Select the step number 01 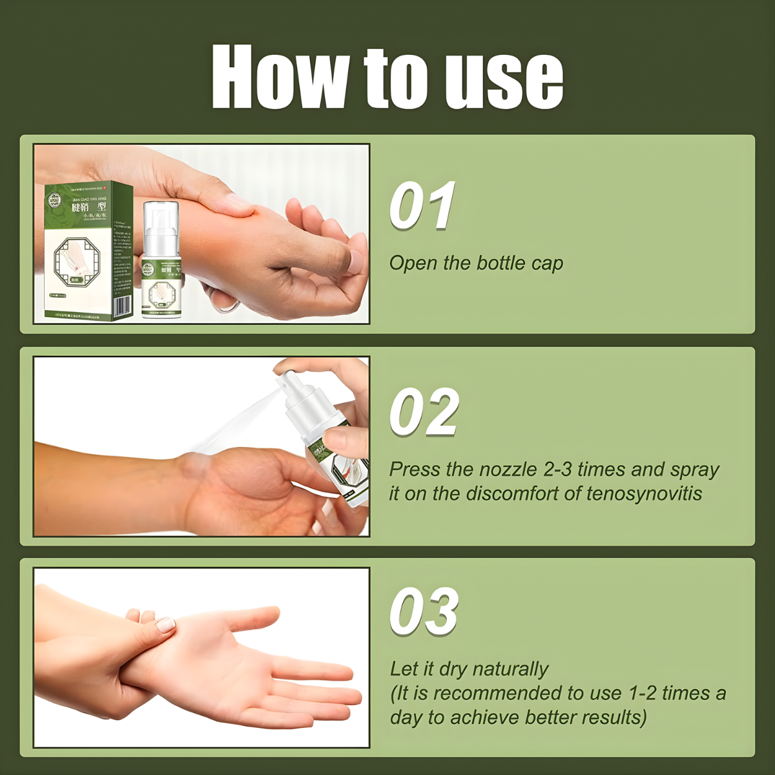click(x=423, y=205)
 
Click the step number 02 click(x=424, y=412)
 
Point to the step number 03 click(x=424, y=611)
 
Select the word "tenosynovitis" click(x=644, y=494)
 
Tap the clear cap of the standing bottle click(x=160, y=220)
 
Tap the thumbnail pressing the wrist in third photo click(x=166, y=625)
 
